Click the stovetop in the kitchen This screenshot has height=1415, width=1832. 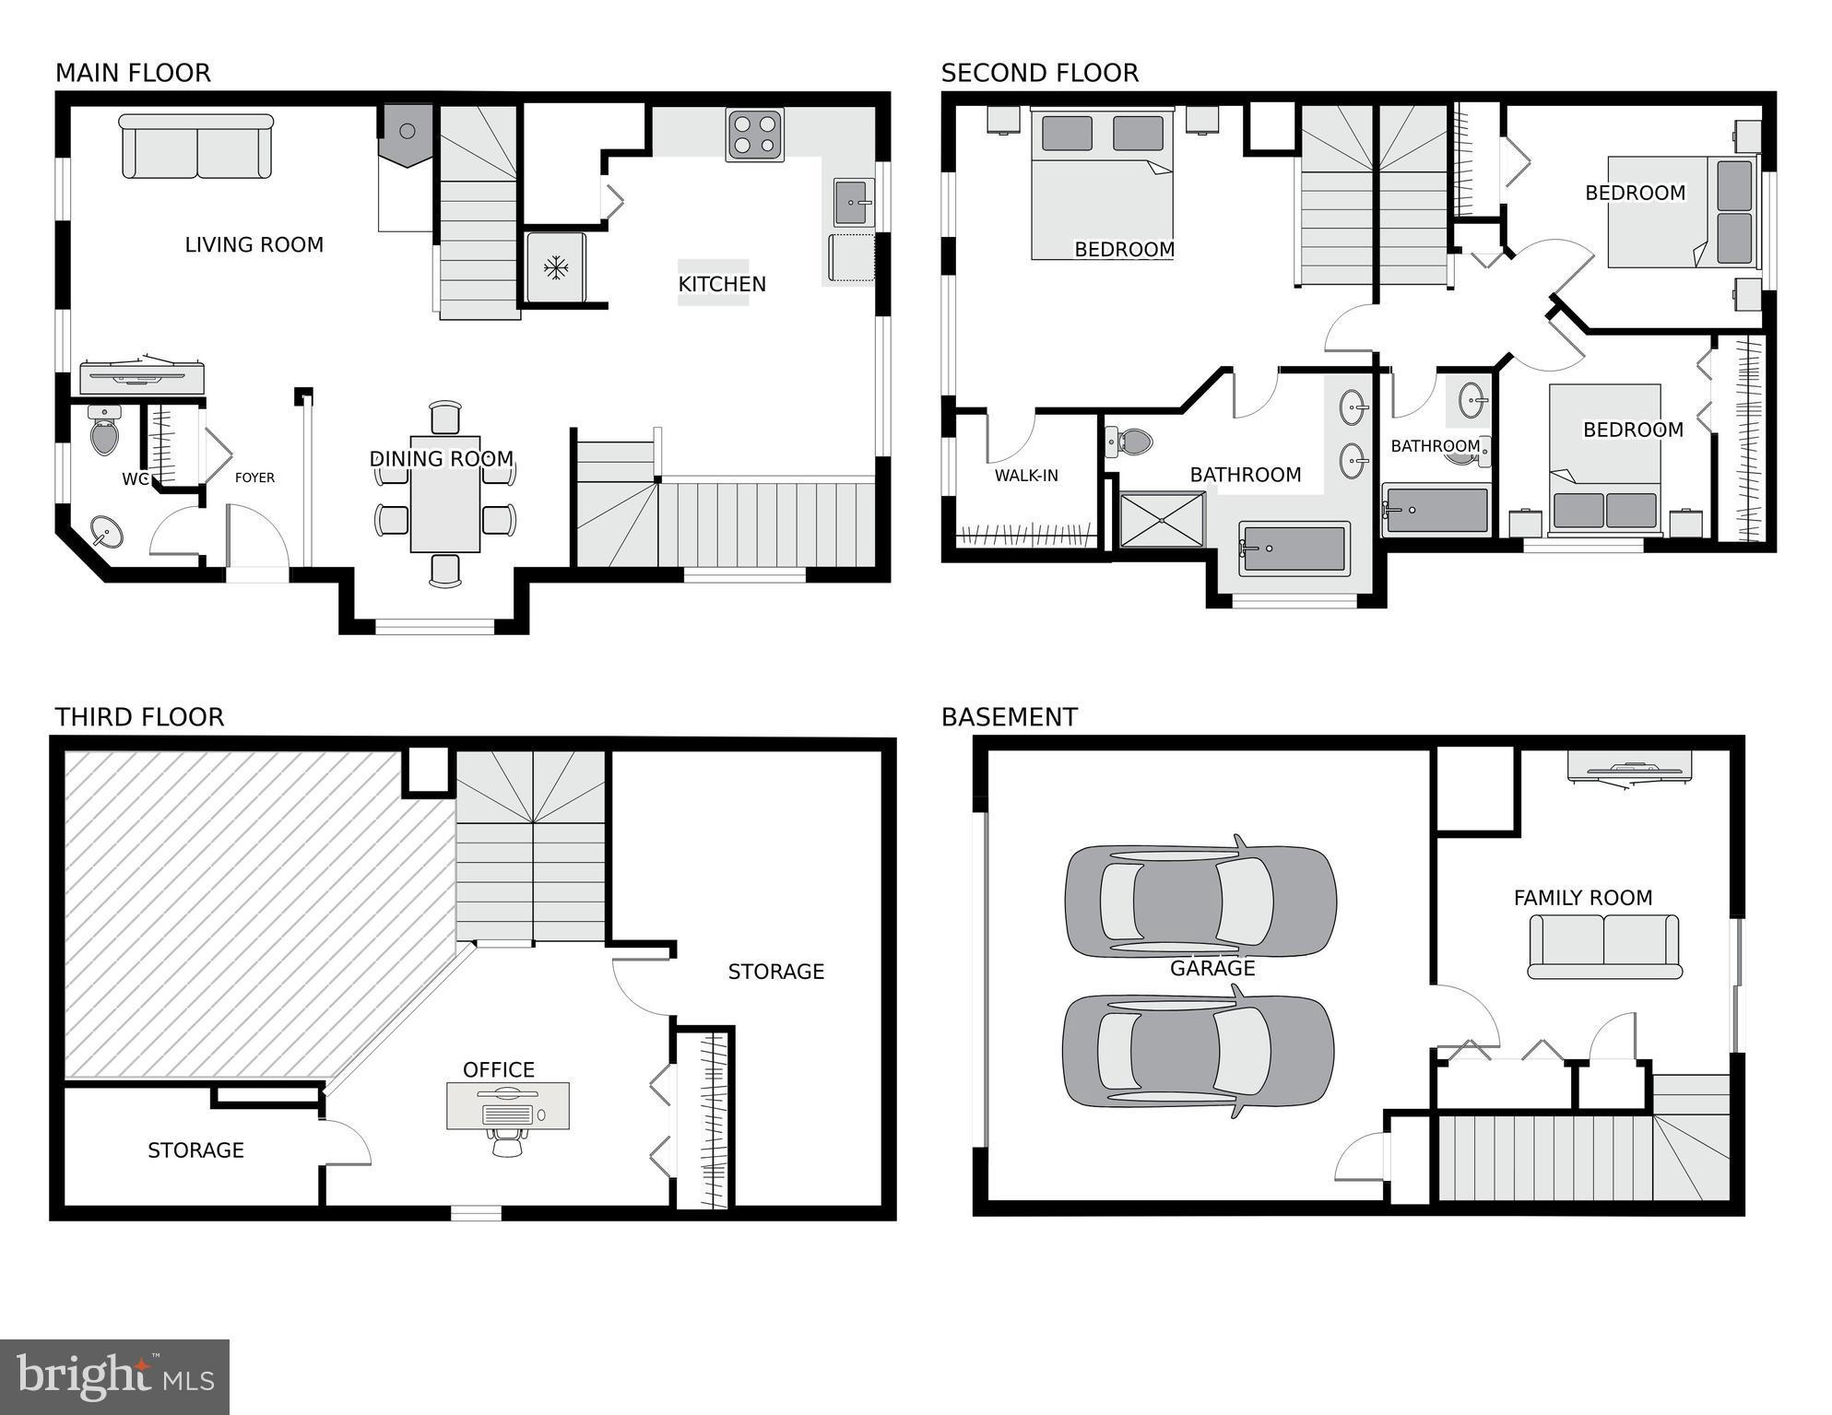754,135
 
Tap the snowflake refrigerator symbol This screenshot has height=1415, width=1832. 555,268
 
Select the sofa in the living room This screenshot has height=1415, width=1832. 196,147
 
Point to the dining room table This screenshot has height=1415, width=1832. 445,494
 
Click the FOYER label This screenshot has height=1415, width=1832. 254,478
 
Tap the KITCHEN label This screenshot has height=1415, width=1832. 722,284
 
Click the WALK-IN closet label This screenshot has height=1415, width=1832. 1026,476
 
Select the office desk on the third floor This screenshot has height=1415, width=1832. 508,1105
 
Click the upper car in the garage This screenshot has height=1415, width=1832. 1200,901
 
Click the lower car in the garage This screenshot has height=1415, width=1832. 1198,1051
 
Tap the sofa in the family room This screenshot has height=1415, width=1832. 1604,947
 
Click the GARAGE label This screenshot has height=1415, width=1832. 1212,968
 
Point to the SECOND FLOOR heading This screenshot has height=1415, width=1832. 1039,73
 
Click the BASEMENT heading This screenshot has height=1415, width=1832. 1009,717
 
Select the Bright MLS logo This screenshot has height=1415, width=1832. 114,1377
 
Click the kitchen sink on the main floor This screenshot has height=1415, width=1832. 853,203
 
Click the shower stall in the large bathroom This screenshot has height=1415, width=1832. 1162,520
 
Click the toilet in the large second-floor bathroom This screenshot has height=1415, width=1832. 1130,442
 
